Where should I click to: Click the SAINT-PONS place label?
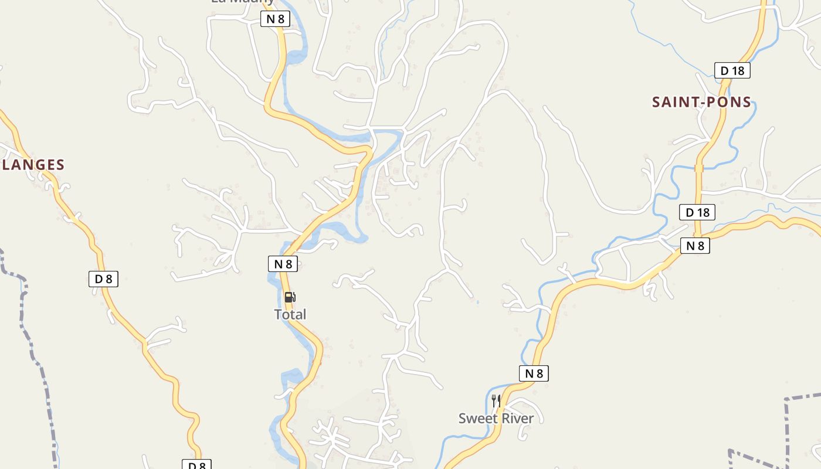coord(701,102)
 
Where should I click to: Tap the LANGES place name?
coord(33,165)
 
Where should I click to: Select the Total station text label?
coord(290,314)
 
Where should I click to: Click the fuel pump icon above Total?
coord(290,297)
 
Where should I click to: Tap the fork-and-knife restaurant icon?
coord(496,400)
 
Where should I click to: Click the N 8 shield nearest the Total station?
coord(283,264)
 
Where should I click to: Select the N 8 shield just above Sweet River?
coord(534,373)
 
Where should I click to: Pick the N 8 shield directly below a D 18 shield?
coord(695,246)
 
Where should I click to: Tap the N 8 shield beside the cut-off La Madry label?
coord(275,19)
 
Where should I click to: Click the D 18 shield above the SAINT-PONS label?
coord(732,70)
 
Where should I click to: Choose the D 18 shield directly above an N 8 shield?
coord(697,212)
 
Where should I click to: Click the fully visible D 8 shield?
coord(103,279)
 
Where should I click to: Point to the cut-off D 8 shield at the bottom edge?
coord(196,465)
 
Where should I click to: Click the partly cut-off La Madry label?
coord(243,2)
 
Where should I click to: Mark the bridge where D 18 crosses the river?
coord(698,168)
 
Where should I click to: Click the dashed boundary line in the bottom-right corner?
coord(786,422)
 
